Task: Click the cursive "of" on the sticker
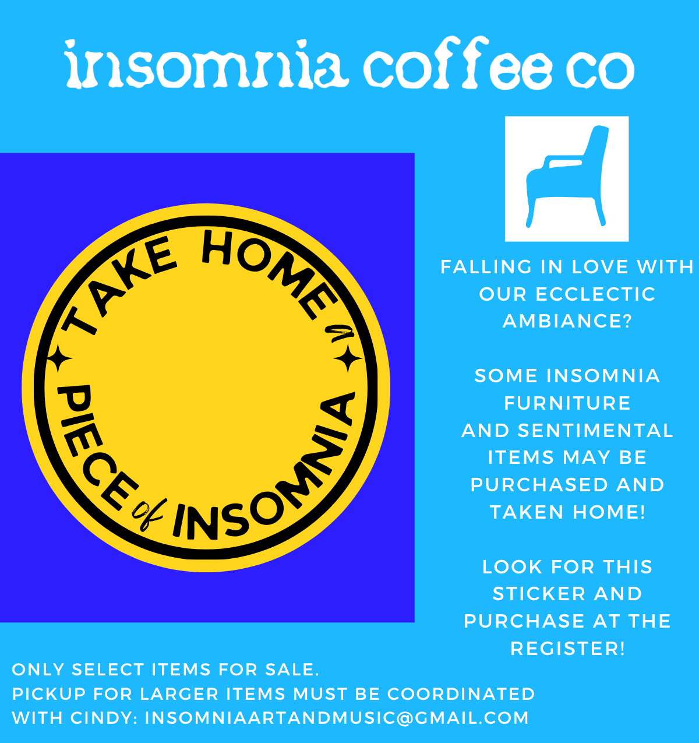point(148,513)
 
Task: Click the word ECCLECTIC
point(595,294)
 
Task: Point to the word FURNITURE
point(567,403)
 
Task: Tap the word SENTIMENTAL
point(595,431)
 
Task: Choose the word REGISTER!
point(567,649)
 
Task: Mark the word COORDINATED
point(461,694)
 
